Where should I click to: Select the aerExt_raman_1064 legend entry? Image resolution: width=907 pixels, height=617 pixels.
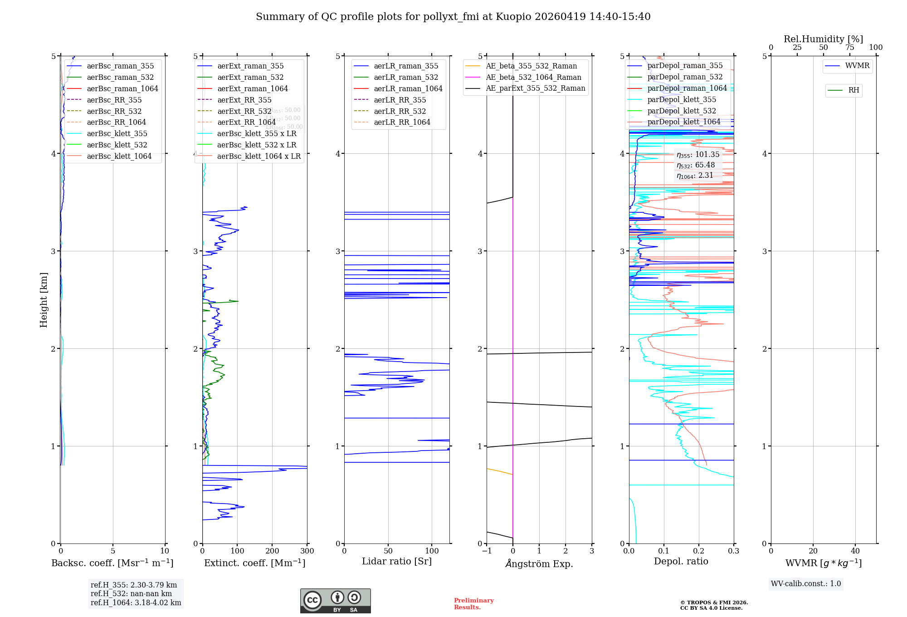point(252,88)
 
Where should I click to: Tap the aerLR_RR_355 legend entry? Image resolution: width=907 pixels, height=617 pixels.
point(400,100)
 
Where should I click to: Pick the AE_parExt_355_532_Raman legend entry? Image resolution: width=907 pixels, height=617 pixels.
point(535,88)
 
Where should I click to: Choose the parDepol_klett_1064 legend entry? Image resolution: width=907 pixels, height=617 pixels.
point(683,122)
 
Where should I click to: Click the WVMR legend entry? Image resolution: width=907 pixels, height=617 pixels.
point(857,66)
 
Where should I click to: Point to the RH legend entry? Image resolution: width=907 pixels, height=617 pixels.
point(853,90)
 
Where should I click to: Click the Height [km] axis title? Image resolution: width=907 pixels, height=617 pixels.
point(44,300)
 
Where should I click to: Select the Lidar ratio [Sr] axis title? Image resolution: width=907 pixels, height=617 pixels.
point(397,561)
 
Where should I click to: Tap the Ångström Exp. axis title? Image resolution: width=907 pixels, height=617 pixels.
point(539,563)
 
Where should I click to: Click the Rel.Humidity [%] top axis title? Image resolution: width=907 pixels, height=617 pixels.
point(823,39)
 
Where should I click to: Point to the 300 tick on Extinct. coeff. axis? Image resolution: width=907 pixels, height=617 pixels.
point(307,551)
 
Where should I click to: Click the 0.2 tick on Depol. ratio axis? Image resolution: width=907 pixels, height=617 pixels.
point(699,551)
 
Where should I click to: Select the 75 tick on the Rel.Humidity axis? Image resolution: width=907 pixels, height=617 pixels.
point(849,47)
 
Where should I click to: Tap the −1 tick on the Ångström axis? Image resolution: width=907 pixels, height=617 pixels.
point(487,551)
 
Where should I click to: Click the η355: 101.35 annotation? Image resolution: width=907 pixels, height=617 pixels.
point(698,155)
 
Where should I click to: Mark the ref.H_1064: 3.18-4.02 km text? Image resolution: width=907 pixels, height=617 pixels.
point(136,602)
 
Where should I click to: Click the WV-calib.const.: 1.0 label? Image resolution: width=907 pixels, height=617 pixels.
point(806,583)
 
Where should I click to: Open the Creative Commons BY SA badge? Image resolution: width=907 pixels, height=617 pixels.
point(335,601)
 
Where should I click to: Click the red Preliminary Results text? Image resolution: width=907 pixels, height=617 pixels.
point(473,603)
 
